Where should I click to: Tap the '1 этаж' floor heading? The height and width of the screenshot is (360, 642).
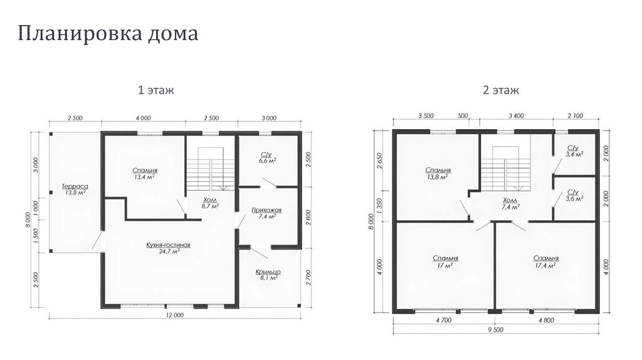[x=155, y=90]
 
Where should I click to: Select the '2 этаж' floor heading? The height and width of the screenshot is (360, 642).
[x=501, y=90]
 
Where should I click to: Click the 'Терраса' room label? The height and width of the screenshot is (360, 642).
[x=75, y=186]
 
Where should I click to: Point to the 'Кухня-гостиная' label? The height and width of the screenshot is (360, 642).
[x=168, y=245]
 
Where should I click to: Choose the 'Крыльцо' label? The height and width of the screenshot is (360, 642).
[x=268, y=272]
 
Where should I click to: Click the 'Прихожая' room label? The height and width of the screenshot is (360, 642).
[x=266, y=210]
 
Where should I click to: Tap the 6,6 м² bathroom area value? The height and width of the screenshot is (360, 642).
[x=266, y=161]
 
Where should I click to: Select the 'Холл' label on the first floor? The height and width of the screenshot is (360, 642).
[x=210, y=200]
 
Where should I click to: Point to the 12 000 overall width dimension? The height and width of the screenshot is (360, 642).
[x=175, y=315]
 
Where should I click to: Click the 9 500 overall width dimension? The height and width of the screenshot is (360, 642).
[x=496, y=329]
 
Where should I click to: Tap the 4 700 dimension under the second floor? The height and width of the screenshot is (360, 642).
[x=443, y=320]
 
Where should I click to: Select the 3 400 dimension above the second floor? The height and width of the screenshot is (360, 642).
[x=516, y=116]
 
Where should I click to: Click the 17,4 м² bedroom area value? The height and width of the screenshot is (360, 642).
[x=546, y=266]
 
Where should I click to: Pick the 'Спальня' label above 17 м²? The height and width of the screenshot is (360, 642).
[x=446, y=258]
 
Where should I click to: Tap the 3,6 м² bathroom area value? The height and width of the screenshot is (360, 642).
[x=575, y=198]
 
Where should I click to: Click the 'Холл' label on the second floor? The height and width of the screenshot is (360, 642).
[x=510, y=201]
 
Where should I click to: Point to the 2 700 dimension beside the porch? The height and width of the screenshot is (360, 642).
[x=308, y=277]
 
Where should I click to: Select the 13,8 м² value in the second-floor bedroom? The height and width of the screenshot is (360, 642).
[x=438, y=177]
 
